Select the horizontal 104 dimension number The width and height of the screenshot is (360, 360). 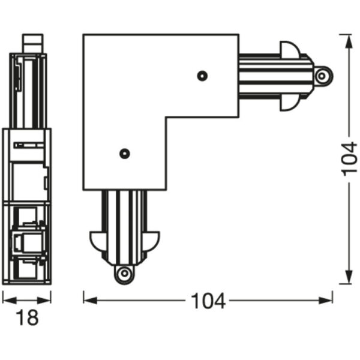pyautogui.click(x=208, y=301)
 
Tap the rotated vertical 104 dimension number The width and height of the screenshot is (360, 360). pyautogui.click(x=349, y=159)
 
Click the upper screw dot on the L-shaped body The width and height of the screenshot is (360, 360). pyautogui.click(x=202, y=76)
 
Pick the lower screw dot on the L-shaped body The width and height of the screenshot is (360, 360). pyautogui.click(x=124, y=153)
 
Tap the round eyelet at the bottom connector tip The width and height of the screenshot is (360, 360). pyautogui.click(x=124, y=274)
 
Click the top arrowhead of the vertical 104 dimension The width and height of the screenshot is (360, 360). pyautogui.click(x=346, y=38)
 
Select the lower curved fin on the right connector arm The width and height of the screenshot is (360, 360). pyautogui.click(x=287, y=103)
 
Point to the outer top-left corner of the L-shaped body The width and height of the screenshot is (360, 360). pyautogui.click(x=84, y=35)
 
